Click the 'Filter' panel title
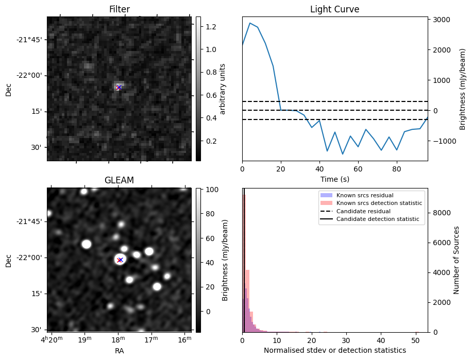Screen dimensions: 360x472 click(x=119, y=9)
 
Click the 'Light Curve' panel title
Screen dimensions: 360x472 click(x=334, y=9)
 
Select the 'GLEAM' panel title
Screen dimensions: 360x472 click(x=119, y=180)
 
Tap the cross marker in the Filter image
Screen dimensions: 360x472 click(x=119, y=88)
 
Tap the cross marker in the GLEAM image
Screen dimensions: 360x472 click(x=120, y=260)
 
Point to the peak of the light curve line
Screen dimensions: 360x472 click(x=250, y=23)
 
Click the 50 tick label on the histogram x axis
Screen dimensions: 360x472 click(x=415, y=340)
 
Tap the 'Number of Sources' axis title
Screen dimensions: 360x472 click(x=457, y=260)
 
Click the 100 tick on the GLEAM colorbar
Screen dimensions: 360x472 click(x=212, y=190)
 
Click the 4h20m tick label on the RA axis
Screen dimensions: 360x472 click(x=52, y=339)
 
